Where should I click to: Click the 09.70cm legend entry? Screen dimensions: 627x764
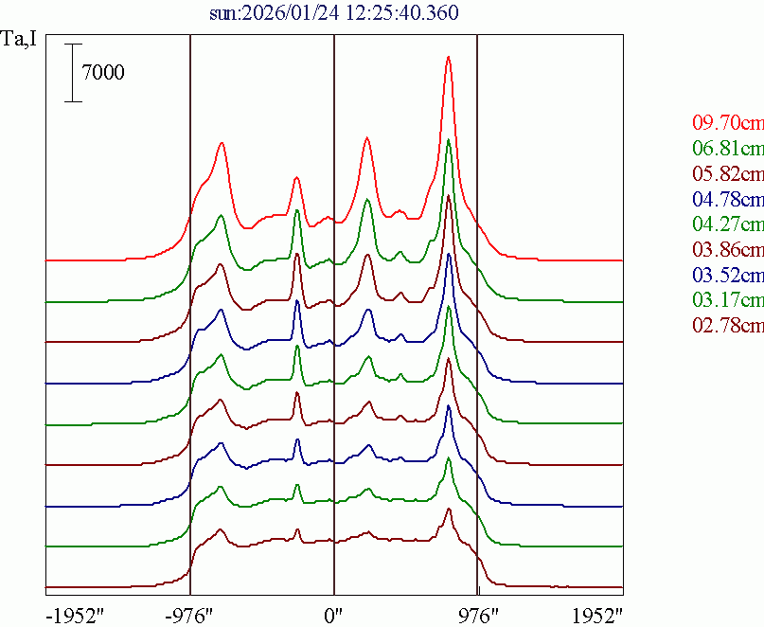click(x=727, y=122)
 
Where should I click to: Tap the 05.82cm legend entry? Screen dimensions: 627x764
click(x=727, y=173)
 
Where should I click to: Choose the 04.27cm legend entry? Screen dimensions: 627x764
click(x=727, y=224)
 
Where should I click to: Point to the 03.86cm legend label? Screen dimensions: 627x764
click(x=727, y=250)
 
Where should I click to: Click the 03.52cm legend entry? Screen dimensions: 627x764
click(x=727, y=276)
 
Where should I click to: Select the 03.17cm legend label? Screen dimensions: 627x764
click(x=727, y=301)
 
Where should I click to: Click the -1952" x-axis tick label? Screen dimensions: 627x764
click(x=74, y=615)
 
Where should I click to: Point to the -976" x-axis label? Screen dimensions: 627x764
click(x=190, y=615)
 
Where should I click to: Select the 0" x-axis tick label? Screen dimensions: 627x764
click(x=333, y=615)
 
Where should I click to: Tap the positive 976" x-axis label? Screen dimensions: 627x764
click(x=477, y=615)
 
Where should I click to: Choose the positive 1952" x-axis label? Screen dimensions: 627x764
click(x=595, y=615)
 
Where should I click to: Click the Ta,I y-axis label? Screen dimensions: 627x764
click(x=20, y=40)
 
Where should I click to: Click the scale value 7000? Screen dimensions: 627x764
click(x=103, y=72)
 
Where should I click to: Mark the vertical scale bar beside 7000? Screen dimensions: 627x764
click(x=73, y=72)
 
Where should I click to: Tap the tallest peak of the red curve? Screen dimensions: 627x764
click(x=448, y=57)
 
